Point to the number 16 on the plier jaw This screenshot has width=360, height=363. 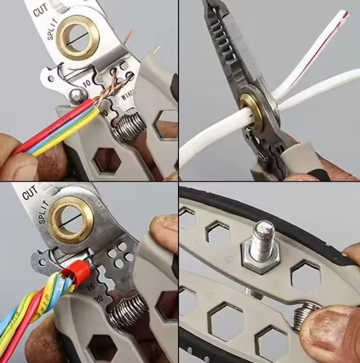click(91, 287)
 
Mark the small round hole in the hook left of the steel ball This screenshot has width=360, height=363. click(50, 78)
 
